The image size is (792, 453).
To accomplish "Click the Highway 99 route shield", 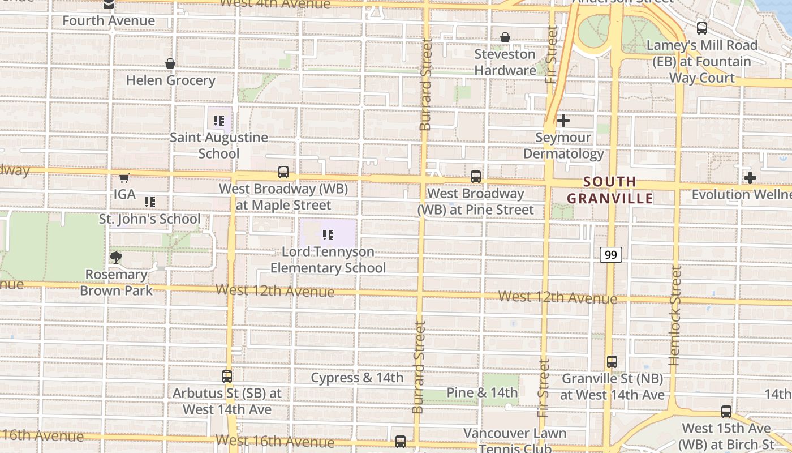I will point(611,255).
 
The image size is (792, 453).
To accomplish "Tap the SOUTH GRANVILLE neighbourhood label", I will point(610,190).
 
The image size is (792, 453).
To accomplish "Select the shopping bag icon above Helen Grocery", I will point(170,63).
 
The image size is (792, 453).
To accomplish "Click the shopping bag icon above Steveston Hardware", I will point(505,37).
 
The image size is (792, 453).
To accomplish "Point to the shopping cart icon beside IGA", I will point(124,178).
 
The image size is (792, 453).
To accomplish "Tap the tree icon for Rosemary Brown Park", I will point(116,258).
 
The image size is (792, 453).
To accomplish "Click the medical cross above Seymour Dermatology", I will point(563,121).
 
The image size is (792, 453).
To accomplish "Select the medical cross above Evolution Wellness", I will point(750,178).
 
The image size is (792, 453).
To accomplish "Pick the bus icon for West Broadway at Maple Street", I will point(283,172).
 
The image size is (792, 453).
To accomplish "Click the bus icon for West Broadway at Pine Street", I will point(476,177).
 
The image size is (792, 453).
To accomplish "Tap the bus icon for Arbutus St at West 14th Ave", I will point(227,376).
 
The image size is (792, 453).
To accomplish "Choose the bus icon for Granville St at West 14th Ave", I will point(612,361).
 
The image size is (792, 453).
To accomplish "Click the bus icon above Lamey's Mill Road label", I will point(702,27).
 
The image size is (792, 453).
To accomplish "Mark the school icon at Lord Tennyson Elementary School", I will point(328,234).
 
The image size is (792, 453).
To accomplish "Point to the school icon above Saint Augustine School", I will point(219,120).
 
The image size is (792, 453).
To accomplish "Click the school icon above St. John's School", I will point(150,202).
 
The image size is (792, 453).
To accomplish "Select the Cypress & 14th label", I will point(357,378).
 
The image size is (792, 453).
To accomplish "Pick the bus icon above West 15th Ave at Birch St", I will point(726,412).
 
